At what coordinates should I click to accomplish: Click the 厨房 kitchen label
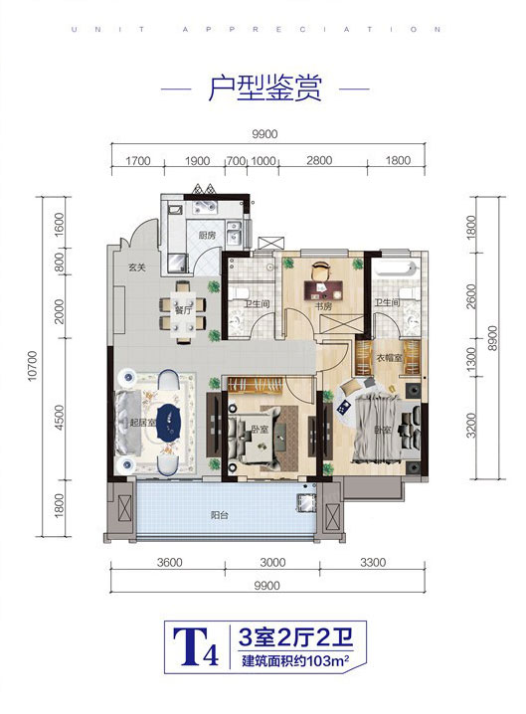point(207,236)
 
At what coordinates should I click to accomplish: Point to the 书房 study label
point(324,306)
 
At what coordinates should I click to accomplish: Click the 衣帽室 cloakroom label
point(390,357)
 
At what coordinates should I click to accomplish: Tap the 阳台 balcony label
point(220,515)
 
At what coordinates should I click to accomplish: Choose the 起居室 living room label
point(142,423)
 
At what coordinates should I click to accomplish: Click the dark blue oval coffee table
point(168,422)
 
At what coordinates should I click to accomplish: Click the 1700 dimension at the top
point(137,161)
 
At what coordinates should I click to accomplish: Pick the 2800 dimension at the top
point(319,161)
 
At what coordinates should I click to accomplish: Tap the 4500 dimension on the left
point(60,416)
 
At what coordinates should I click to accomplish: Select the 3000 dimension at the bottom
point(272,563)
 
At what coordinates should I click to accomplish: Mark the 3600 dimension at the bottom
point(169,563)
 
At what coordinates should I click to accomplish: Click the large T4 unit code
point(195,647)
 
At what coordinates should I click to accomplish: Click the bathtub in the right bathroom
point(396,268)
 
